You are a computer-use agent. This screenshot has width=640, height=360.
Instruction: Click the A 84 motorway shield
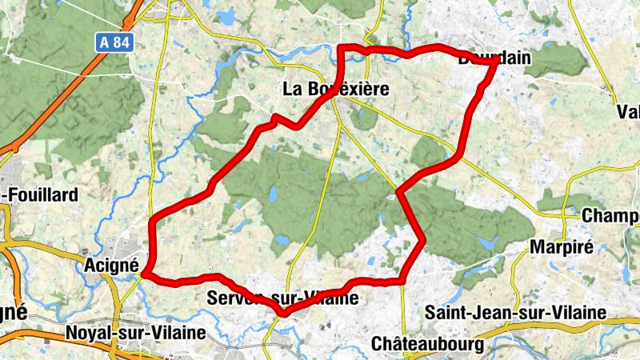pos(114,42)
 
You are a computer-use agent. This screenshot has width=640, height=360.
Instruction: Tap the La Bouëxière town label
pos(336,90)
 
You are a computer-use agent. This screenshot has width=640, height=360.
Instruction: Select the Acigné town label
pos(112,263)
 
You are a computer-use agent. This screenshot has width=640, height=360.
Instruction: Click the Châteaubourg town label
pos(428,344)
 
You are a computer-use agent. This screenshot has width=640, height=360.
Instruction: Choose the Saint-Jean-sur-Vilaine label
pos(515,312)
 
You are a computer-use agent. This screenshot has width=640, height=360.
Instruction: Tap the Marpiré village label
pos(561,246)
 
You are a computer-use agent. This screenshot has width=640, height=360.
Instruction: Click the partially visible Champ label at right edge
pos(611,216)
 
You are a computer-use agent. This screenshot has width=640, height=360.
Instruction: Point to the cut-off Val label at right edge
pos(629,111)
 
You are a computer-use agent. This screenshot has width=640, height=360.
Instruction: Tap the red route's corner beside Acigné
pos(145,275)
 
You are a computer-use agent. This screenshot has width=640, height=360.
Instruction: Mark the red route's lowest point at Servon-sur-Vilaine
pos(284,313)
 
